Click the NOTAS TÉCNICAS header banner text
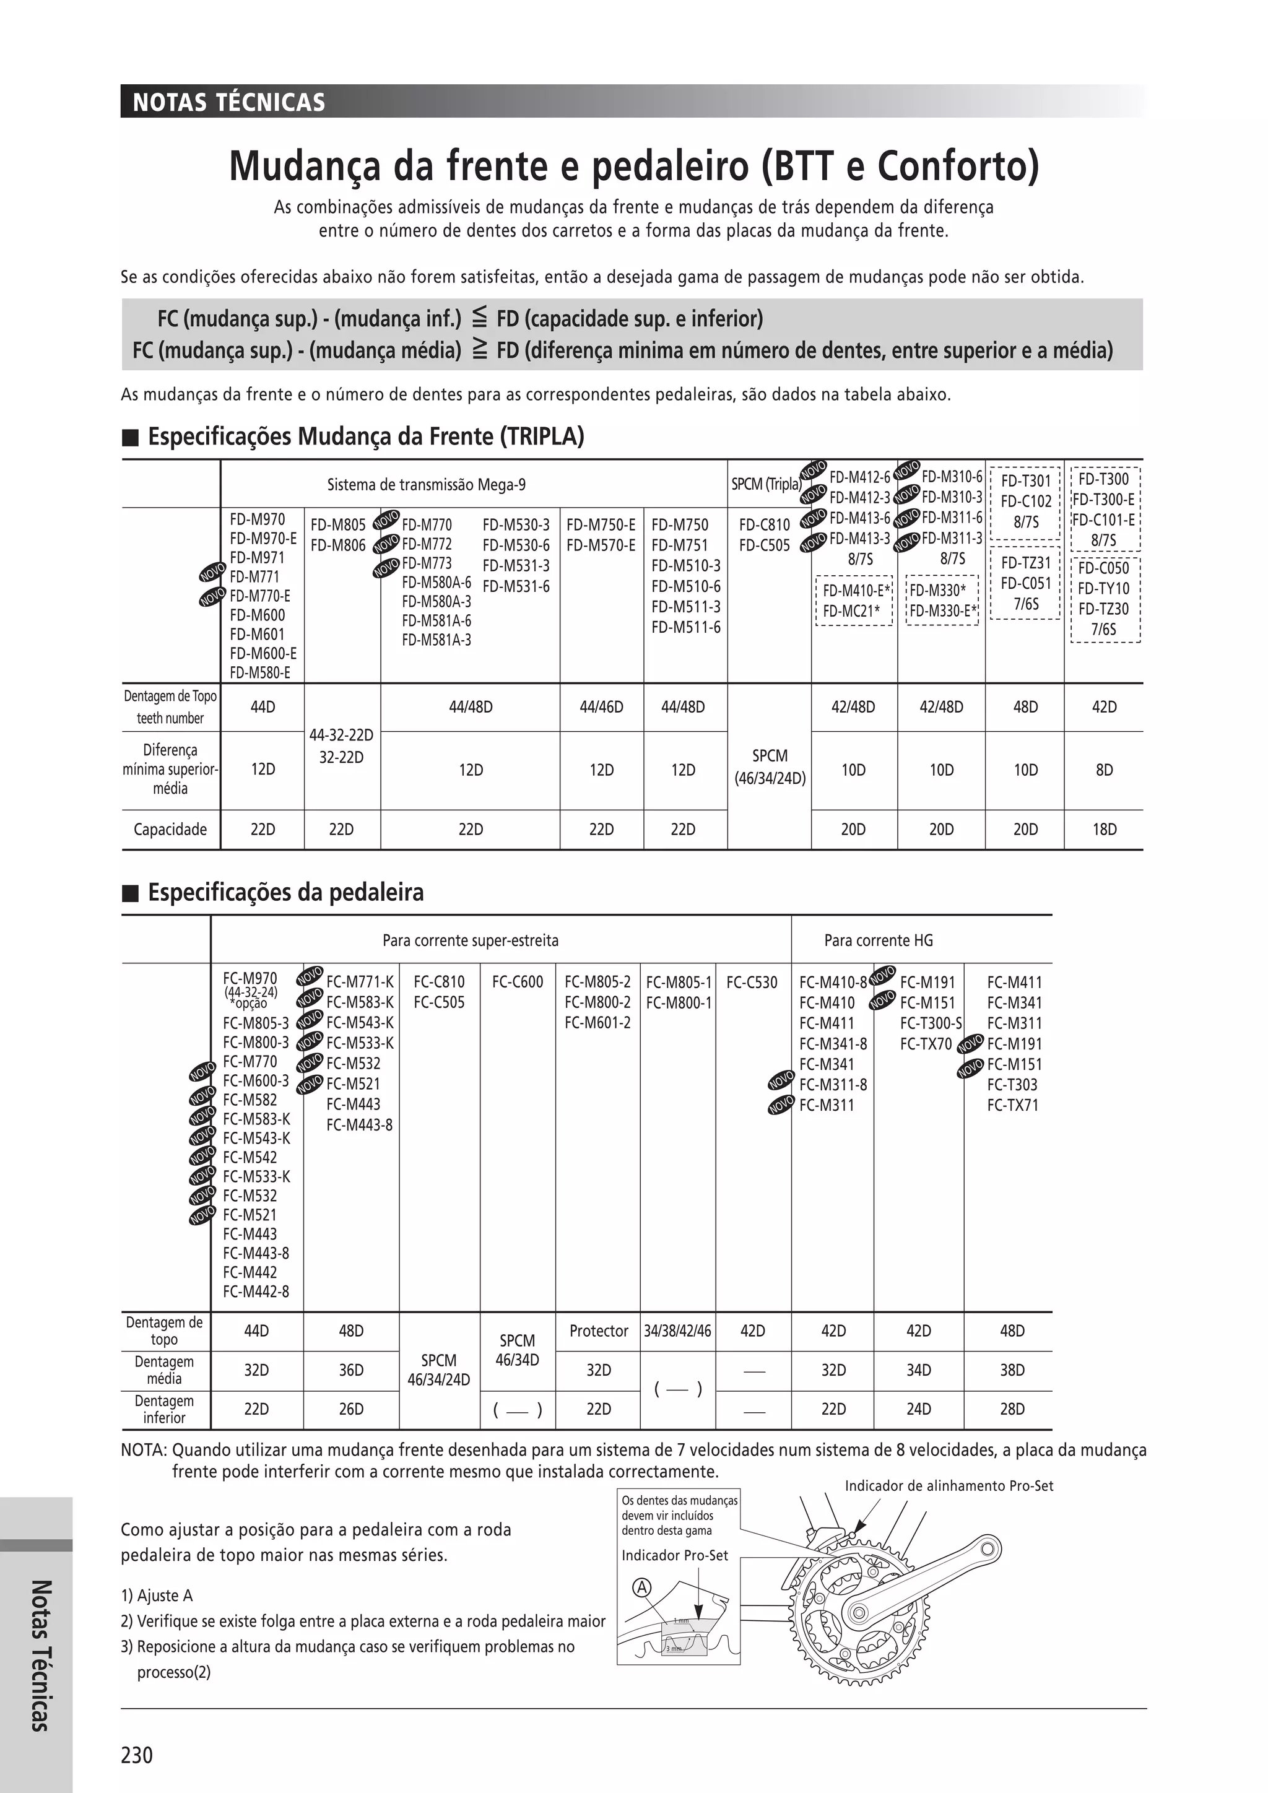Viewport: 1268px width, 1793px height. (x=228, y=102)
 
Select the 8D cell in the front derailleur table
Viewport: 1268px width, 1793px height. (x=1103, y=770)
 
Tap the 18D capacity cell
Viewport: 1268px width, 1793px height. (x=1103, y=830)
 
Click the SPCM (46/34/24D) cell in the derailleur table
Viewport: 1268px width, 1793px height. (x=769, y=767)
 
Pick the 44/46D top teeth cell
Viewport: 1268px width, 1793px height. (x=601, y=706)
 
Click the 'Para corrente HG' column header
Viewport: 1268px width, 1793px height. (x=879, y=940)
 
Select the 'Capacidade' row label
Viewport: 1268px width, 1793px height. (x=170, y=830)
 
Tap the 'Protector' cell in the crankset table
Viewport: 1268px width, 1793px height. (x=598, y=1331)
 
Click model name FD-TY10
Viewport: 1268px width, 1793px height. (x=1103, y=589)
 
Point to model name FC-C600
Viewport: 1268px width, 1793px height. (x=517, y=983)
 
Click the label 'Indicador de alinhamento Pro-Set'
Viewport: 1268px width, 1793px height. (x=949, y=1485)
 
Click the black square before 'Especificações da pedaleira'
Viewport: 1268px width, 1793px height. (x=131, y=893)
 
